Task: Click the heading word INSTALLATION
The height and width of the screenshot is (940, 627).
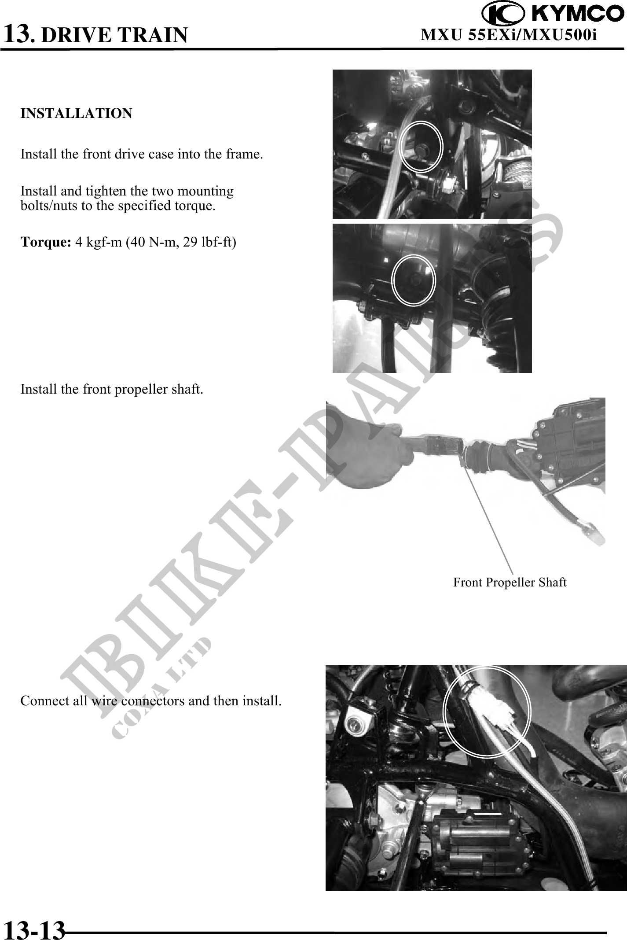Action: coord(77,114)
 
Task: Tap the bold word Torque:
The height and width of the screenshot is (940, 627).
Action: coord(46,242)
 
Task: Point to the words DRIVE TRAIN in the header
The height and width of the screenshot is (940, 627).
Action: coord(114,35)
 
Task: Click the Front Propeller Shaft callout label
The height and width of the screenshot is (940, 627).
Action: coord(510,582)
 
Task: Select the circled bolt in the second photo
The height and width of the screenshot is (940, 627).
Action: coord(413,280)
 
